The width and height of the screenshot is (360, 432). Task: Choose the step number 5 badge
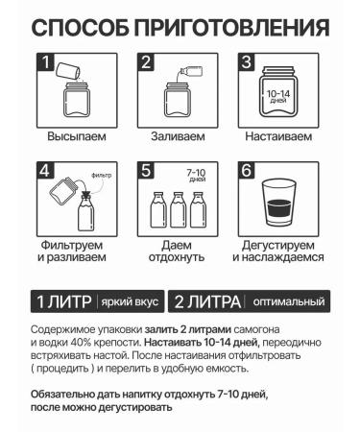pos(146,171)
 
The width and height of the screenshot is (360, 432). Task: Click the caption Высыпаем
pos(77,136)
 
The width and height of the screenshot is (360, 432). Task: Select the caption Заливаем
pos(178,136)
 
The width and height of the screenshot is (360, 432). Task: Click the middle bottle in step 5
pos(178,209)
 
